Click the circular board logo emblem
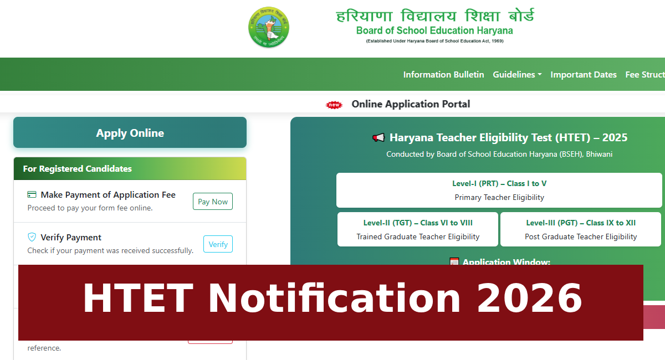pos(269,27)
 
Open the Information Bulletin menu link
pos(443,74)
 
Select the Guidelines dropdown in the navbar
pos(517,74)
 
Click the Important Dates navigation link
pos(584,74)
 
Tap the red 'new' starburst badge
pos(334,105)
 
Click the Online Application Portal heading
pos(411,104)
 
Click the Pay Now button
pos(213,202)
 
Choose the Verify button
pos(218,244)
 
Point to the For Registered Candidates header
pos(78,168)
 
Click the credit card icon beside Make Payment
pos(32,195)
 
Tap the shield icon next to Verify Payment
pos(32,237)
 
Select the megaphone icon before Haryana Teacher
pos(378,138)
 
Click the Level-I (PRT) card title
pos(499,183)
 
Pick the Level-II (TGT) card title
pos(418,223)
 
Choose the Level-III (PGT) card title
pos(581,223)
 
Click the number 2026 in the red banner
pos(529,299)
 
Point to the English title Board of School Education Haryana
pos(434,30)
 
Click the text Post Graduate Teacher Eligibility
pos(581,236)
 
